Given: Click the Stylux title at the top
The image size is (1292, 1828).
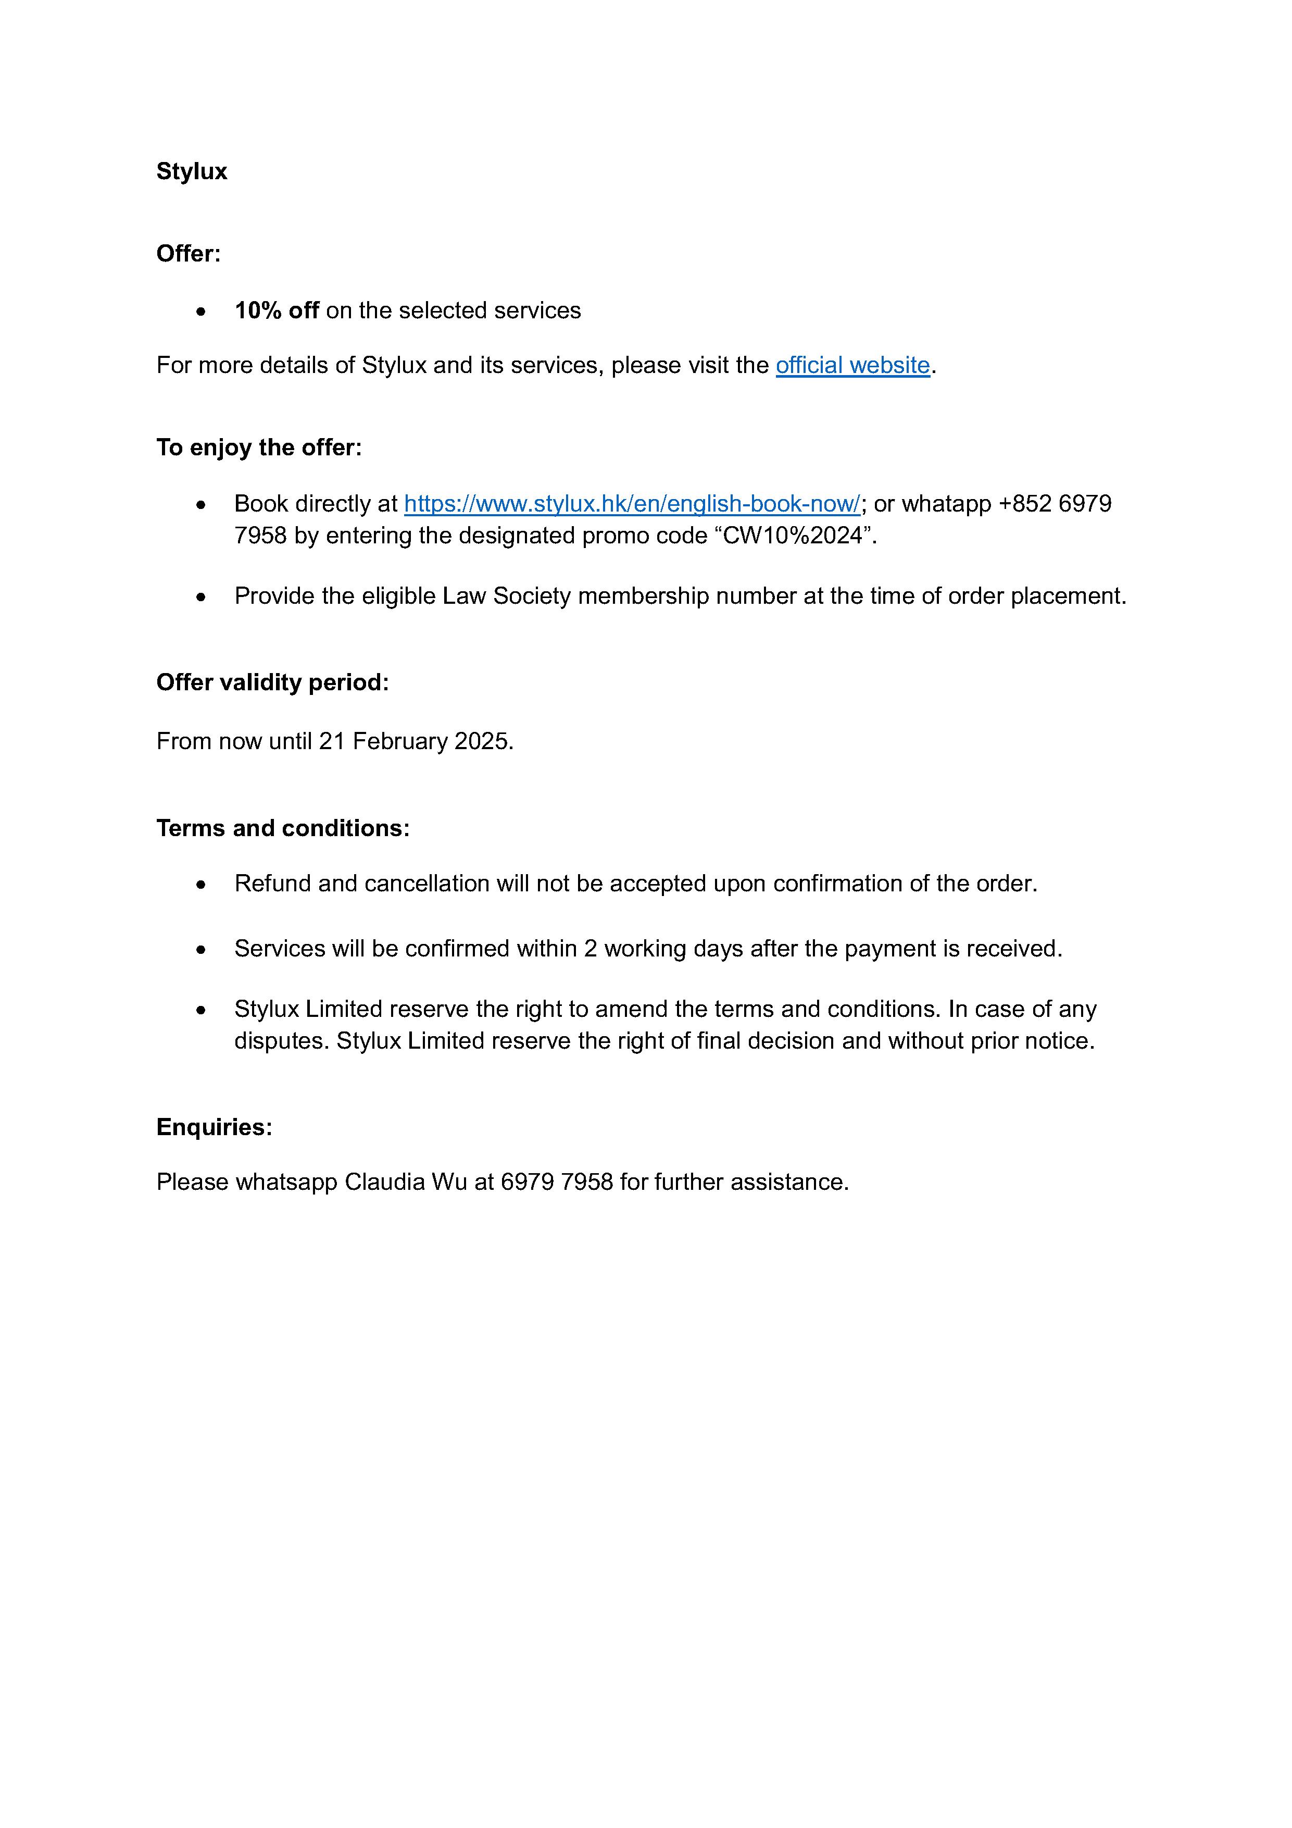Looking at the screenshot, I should pos(191,172).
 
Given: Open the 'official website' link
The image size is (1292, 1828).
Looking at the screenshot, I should pos(852,365).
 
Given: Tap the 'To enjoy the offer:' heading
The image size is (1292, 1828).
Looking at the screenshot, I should pos(259,447).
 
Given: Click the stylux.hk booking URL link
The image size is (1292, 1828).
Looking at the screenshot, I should pos(632,504).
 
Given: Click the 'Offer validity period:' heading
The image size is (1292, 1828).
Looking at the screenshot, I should pos(272,682).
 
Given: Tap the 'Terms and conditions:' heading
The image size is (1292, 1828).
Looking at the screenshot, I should pos(283,828).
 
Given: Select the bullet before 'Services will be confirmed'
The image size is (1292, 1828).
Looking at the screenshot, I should pos(202,950).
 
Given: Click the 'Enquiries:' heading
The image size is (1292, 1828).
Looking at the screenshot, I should pos(214,1127).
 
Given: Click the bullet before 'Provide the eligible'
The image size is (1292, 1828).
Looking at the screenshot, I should pos(202,597).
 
